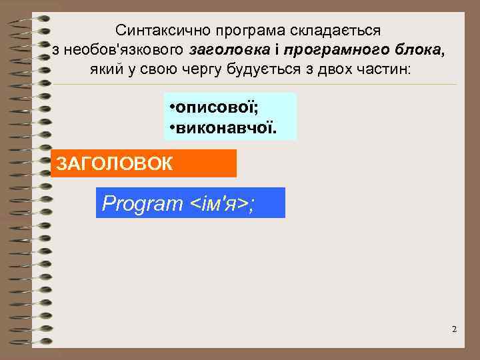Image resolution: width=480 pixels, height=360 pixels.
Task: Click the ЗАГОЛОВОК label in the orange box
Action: [x=115, y=163]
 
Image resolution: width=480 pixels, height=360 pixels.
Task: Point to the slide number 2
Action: [x=454, y=330]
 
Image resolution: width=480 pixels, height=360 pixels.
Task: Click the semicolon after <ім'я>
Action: [x=251, y=205]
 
